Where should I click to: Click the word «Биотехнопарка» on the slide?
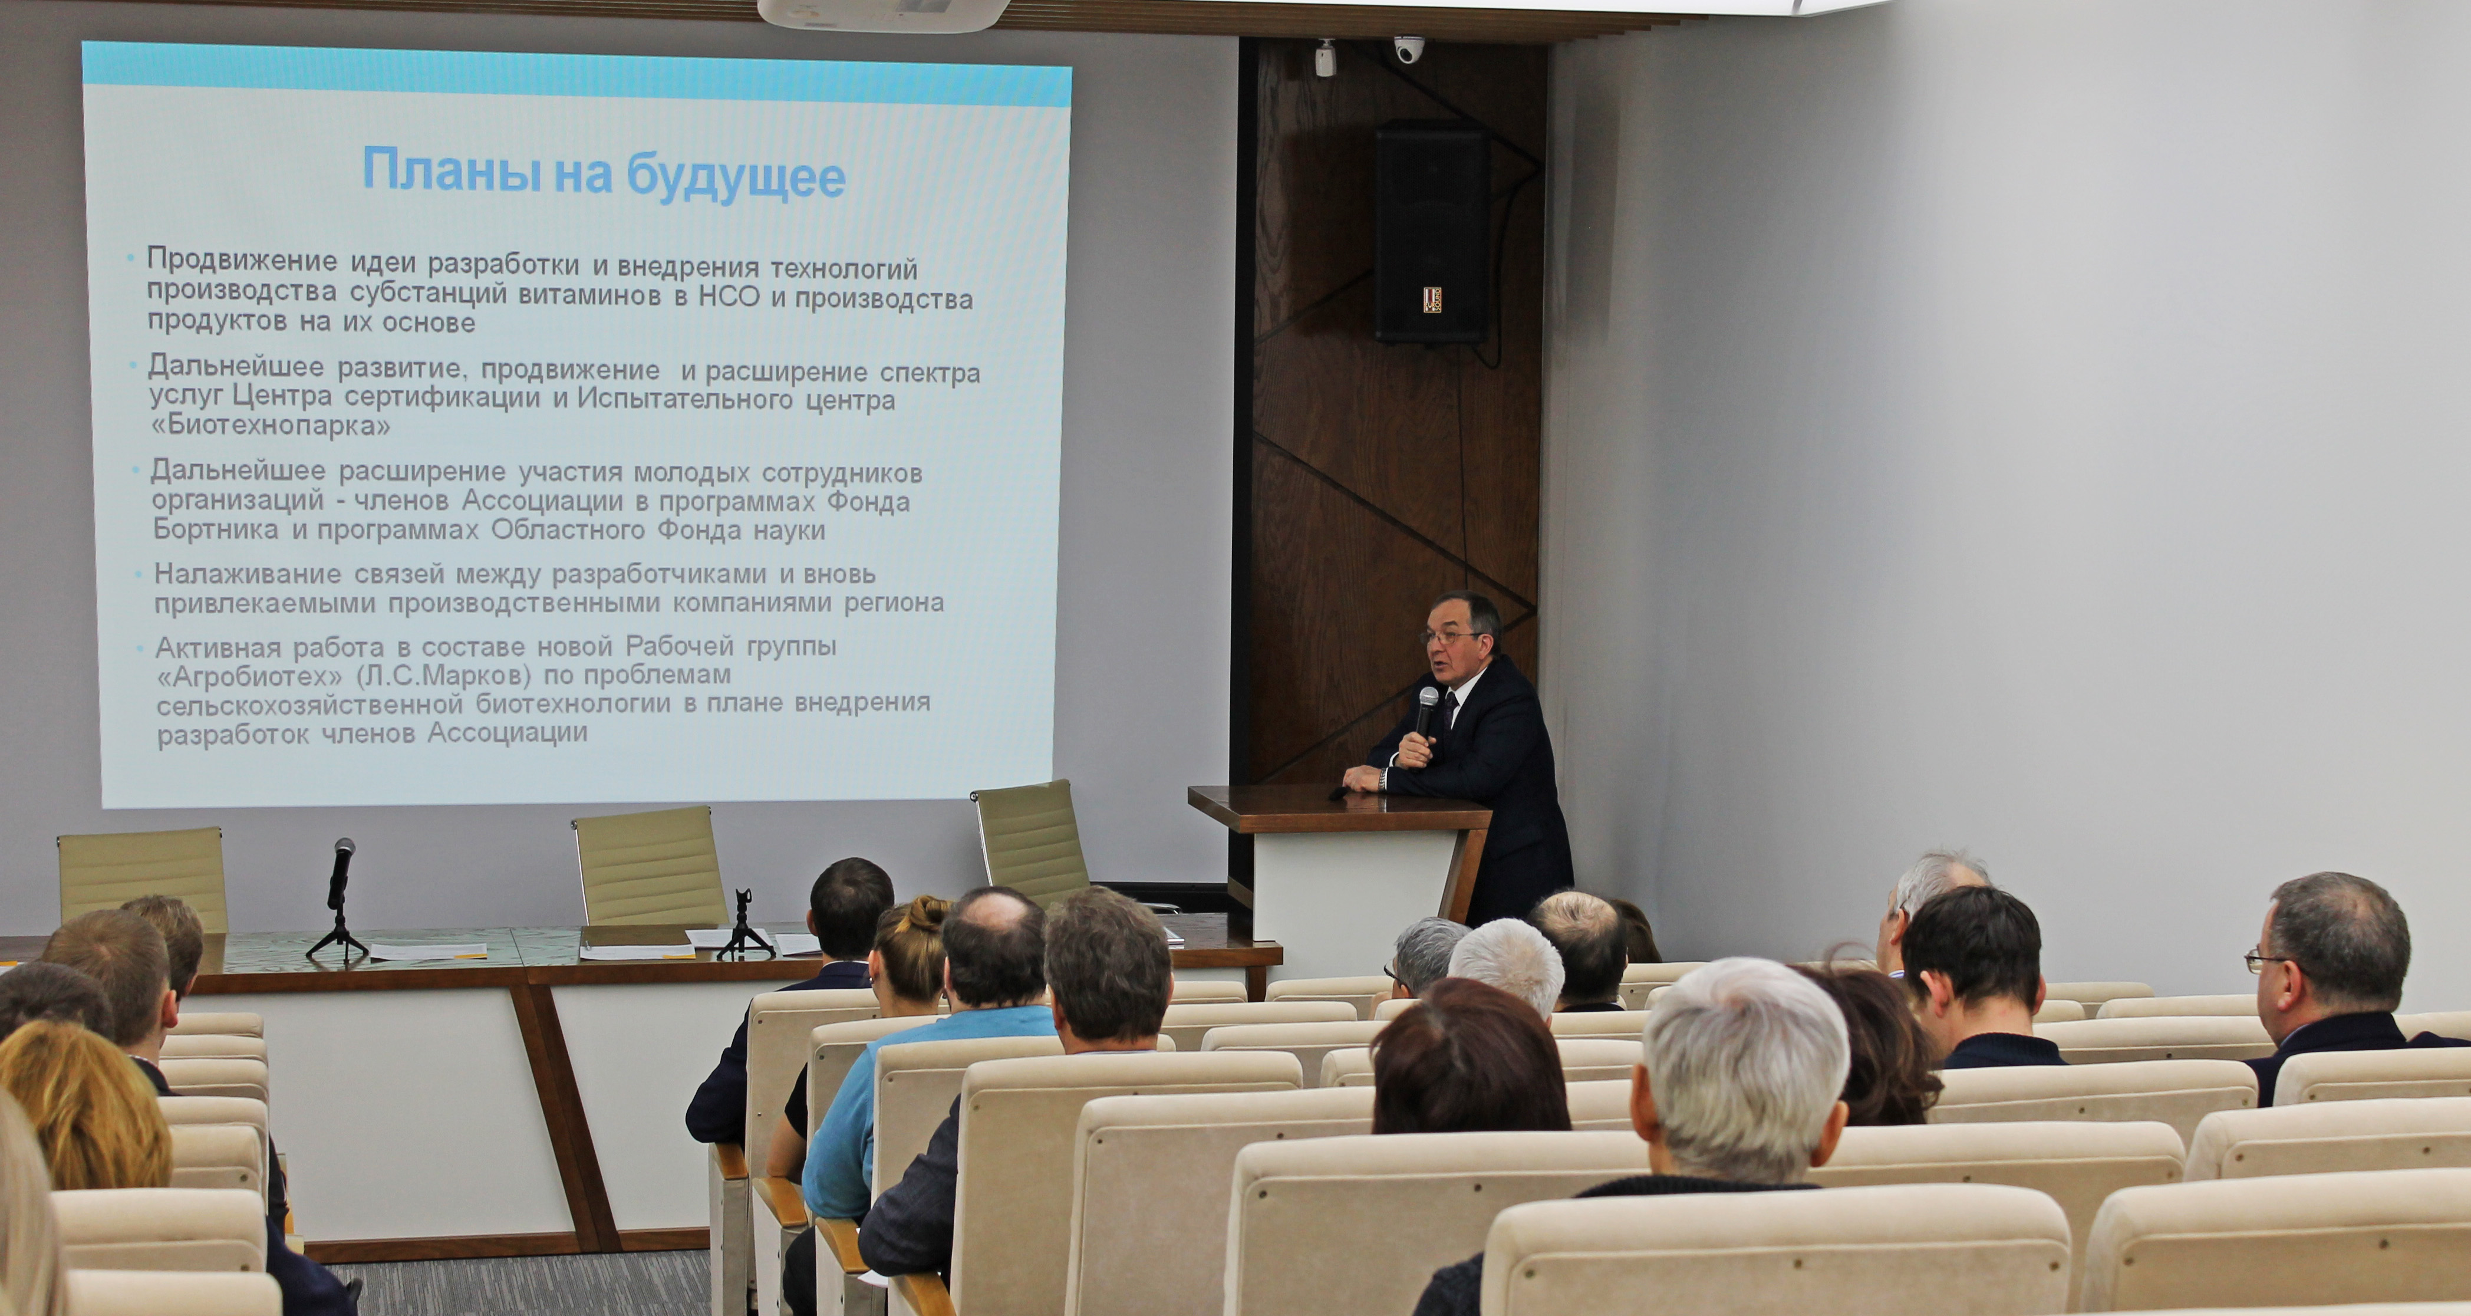click(269, 426)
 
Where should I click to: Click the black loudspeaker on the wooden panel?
click(1432, 232)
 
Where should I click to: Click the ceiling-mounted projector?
click(882, 12)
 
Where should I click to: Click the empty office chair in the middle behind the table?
click(650, 866)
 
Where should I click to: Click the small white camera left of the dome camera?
click(1325, 60)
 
